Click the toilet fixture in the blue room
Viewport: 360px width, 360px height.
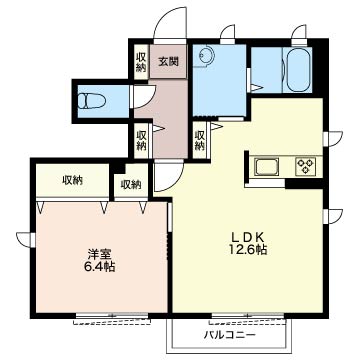tap(91, 101)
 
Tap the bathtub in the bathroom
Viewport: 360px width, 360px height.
tap(299, 70)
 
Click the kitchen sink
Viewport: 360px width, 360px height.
tap(266, 167)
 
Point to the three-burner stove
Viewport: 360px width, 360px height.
tap(305, 167)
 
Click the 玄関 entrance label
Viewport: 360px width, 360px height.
tap(168, 62)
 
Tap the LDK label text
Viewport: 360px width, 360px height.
tap(248, 238)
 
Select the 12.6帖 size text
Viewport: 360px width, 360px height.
tap(248, 250)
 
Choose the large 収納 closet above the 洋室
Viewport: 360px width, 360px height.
tap(72, 181)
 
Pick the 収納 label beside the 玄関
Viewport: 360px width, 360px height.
tap(141, 62)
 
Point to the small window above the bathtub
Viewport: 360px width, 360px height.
tap(299, 35)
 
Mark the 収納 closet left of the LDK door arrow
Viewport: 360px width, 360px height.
tap(199, 140)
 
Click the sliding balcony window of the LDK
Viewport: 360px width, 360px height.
tap(248, 315)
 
